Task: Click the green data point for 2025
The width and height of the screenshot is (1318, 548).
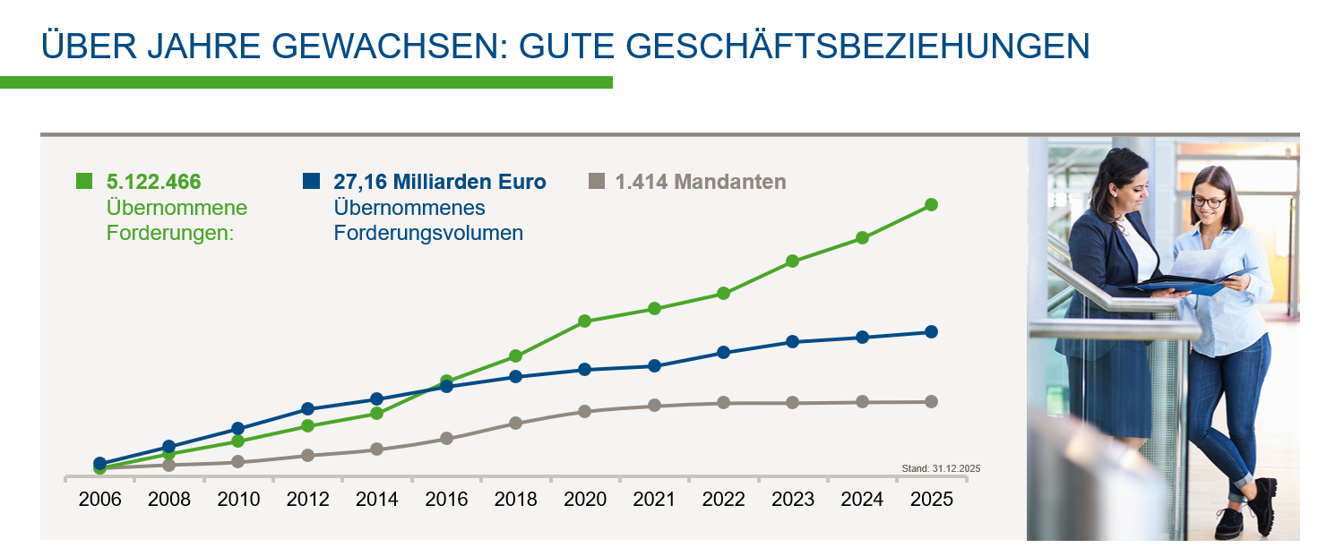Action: point(931,205)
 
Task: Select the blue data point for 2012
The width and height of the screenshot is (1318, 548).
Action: point(307,409)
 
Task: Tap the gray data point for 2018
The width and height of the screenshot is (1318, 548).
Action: point(515,423)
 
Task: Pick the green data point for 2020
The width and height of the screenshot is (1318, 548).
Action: point(584,321)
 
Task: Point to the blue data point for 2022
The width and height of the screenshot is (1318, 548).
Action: point(723,353)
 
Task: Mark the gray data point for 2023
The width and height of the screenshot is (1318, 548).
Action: point(792,403)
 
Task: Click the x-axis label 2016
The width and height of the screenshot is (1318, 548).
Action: point(446,500)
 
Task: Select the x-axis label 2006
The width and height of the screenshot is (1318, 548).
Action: point(99,500)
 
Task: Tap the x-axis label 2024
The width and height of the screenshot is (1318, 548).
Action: point(862,500)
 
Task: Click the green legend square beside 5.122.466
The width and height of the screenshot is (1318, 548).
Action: point(84,182)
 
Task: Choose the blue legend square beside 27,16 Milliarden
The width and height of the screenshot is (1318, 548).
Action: point(311,182)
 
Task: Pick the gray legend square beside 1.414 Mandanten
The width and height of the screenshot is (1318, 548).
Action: point(596,182)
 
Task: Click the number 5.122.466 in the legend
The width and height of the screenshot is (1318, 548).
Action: point(153,182)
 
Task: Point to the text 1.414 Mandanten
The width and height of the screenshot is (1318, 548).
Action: point(700,182)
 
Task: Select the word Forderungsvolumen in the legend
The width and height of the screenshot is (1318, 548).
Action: point(428,234)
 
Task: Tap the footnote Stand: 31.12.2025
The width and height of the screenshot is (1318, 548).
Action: point(941,468)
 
